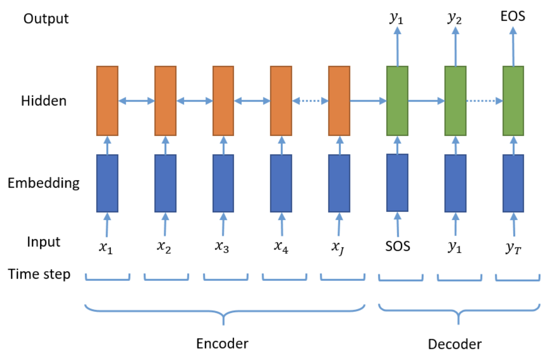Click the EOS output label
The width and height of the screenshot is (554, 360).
click(x=513, y=16)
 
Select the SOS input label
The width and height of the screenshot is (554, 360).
click(x=398, y=246)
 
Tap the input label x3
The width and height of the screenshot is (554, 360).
click(x=222, y=247)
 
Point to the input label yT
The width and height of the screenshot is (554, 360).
click(x=513, y=248)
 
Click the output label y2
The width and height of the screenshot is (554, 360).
click(x=454, y=18)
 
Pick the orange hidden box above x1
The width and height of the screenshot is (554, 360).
click(x=108, y=101)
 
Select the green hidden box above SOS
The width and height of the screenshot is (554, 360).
click(x=397, y=101)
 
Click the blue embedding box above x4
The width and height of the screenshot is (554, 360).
click(x=281, y=183)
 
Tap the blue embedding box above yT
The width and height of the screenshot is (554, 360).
click(x=513, y=183)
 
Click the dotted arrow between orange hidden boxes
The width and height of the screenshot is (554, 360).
click(x=310, y=101)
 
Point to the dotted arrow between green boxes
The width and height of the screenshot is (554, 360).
click(x=484, y=101)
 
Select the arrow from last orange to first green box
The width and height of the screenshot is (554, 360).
click(x=368, y=101)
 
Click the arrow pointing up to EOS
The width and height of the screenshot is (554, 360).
click(x=513, y=46)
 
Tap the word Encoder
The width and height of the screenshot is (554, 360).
click(x=222, y=344)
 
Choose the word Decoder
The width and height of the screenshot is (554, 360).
click(x=455, y=344)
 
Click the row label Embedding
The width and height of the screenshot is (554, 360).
click(x=44, y=183)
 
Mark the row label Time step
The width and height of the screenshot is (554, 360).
click(x=39, y=274)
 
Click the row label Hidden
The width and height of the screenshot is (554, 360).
click(x=44, y=101)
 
